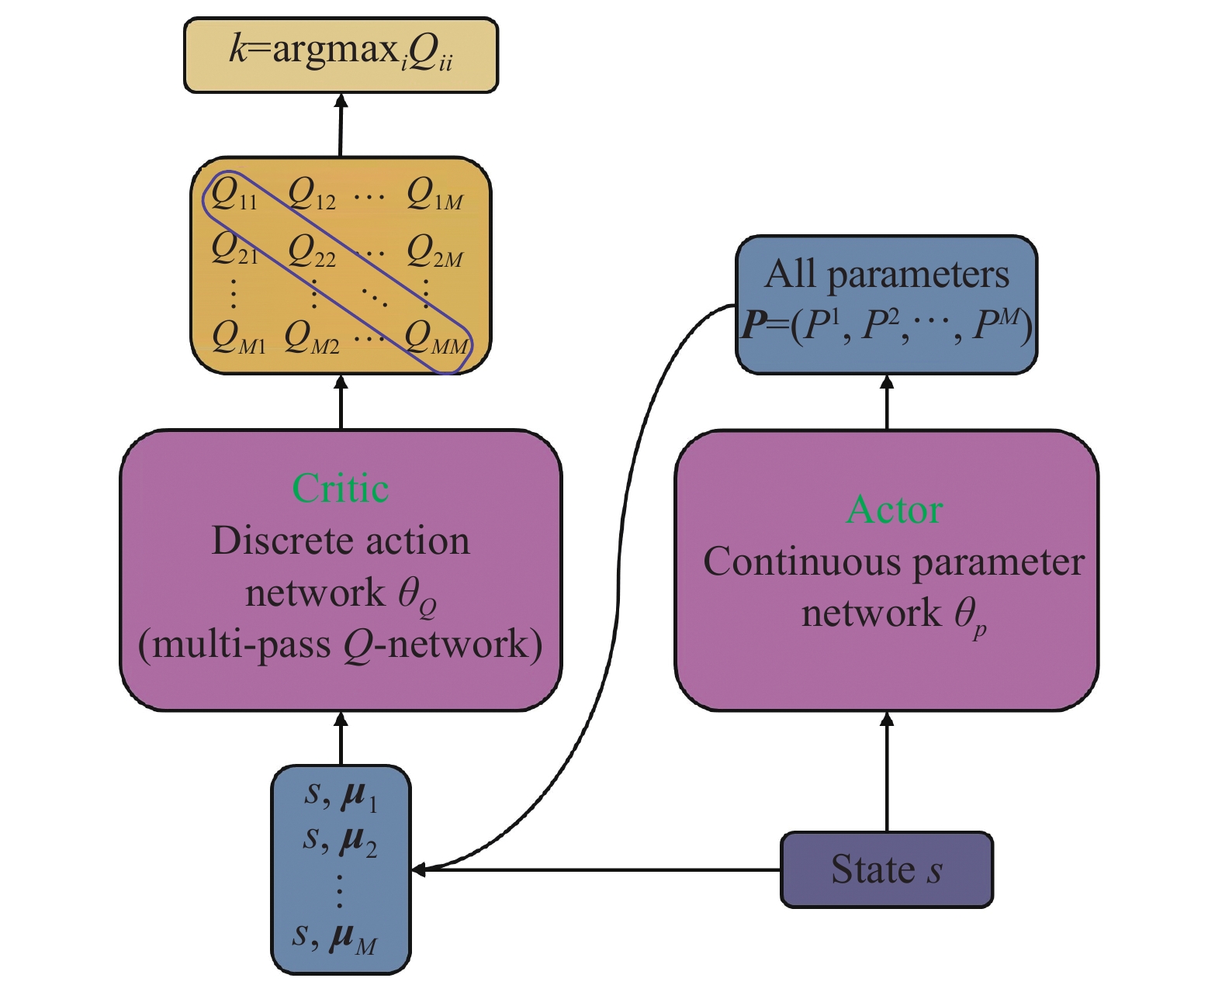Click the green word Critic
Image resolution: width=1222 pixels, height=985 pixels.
point(341,489)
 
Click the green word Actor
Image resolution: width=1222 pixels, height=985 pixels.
point(895,510)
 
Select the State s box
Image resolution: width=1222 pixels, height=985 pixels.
point(886,869)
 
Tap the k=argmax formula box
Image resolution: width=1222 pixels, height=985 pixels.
point(341,54)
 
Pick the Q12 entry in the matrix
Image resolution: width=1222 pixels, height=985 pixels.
point(311,193)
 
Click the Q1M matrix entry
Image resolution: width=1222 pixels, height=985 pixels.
point(434,193)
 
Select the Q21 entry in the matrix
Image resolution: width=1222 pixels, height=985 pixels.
point(234,250)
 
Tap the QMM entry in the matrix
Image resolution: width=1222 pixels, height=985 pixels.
point(437,338)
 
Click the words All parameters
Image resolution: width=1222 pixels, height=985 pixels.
point(887,275)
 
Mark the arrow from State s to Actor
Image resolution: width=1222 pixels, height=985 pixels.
point(887,772)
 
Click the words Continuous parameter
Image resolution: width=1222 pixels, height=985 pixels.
point(894,562)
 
